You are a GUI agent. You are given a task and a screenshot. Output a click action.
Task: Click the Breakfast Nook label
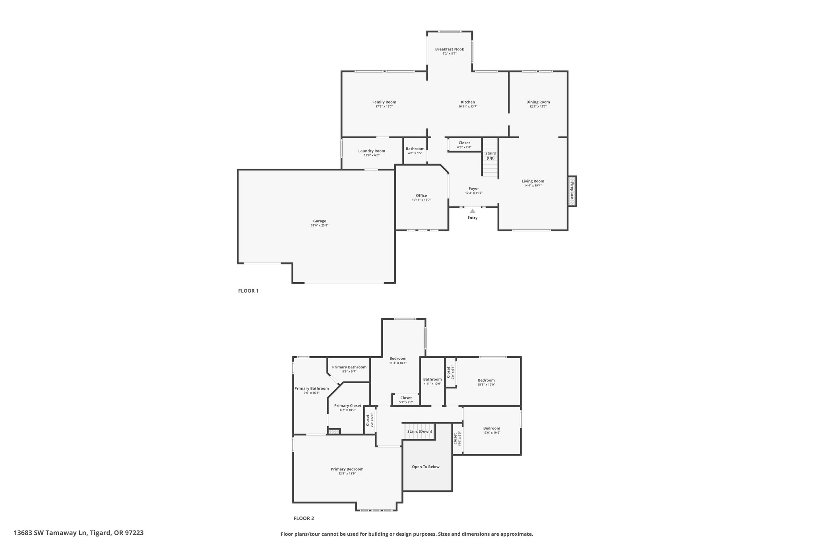pos(449,49)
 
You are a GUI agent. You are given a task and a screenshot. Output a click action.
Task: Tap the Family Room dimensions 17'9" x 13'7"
pos(384,107)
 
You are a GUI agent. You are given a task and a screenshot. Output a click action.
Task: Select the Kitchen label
pos(468,102)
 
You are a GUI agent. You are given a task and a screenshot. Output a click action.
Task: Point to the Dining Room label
pos(538,102)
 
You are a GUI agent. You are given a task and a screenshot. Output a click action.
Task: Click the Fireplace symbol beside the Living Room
pos(572,191)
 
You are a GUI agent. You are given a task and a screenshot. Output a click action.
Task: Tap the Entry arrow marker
pos(472,211)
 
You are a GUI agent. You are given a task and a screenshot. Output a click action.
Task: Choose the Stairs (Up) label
pos(490,155)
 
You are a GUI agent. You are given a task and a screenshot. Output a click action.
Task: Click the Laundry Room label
pos(372,151)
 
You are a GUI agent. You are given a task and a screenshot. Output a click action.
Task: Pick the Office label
pos(421,195)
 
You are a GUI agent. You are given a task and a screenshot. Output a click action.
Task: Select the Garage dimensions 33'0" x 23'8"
pos(320,226)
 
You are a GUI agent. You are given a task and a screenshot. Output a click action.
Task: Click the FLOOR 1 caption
pos(248,291)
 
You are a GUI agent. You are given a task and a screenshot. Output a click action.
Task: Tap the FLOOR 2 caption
pos(304,518)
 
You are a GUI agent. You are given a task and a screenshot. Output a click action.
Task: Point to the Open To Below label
pos(425,467)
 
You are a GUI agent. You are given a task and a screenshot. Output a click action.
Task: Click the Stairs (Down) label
pos(419,431)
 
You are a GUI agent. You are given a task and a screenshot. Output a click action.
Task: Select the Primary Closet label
pos(347,405)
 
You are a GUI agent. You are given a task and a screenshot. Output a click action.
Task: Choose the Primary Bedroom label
pos(347,469)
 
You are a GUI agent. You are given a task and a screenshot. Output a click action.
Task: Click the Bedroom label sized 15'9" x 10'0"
pos(486,380)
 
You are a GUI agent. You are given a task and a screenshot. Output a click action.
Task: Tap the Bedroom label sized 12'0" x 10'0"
pos(491,428)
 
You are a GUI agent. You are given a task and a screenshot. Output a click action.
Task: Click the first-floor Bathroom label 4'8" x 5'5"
pos(415,149)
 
